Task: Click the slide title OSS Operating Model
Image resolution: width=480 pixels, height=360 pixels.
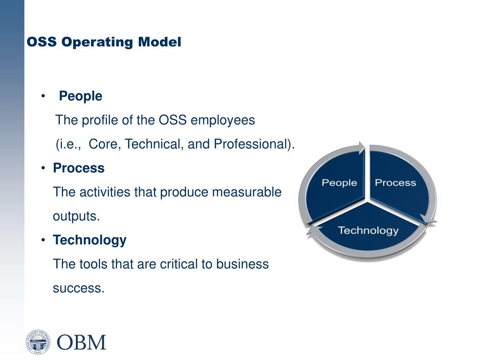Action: tap(104, 42)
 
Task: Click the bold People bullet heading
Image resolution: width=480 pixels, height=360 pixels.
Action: tap(81, 96)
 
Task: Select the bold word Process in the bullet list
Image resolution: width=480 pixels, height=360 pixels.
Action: tap(79, 168)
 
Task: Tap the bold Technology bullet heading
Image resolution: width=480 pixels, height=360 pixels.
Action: tap(90, 240)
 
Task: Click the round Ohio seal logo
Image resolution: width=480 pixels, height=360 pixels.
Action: tap(38, 341)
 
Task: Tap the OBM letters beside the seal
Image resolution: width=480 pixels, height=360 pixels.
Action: tap(82, 342)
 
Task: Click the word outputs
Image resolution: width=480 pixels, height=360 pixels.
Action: tap(76, 216)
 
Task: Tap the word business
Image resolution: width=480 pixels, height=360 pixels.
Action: tap(242, 264)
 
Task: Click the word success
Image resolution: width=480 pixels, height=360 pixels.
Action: tap(78, 288)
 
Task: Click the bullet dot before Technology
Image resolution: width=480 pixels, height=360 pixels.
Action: tap(43, 240)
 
